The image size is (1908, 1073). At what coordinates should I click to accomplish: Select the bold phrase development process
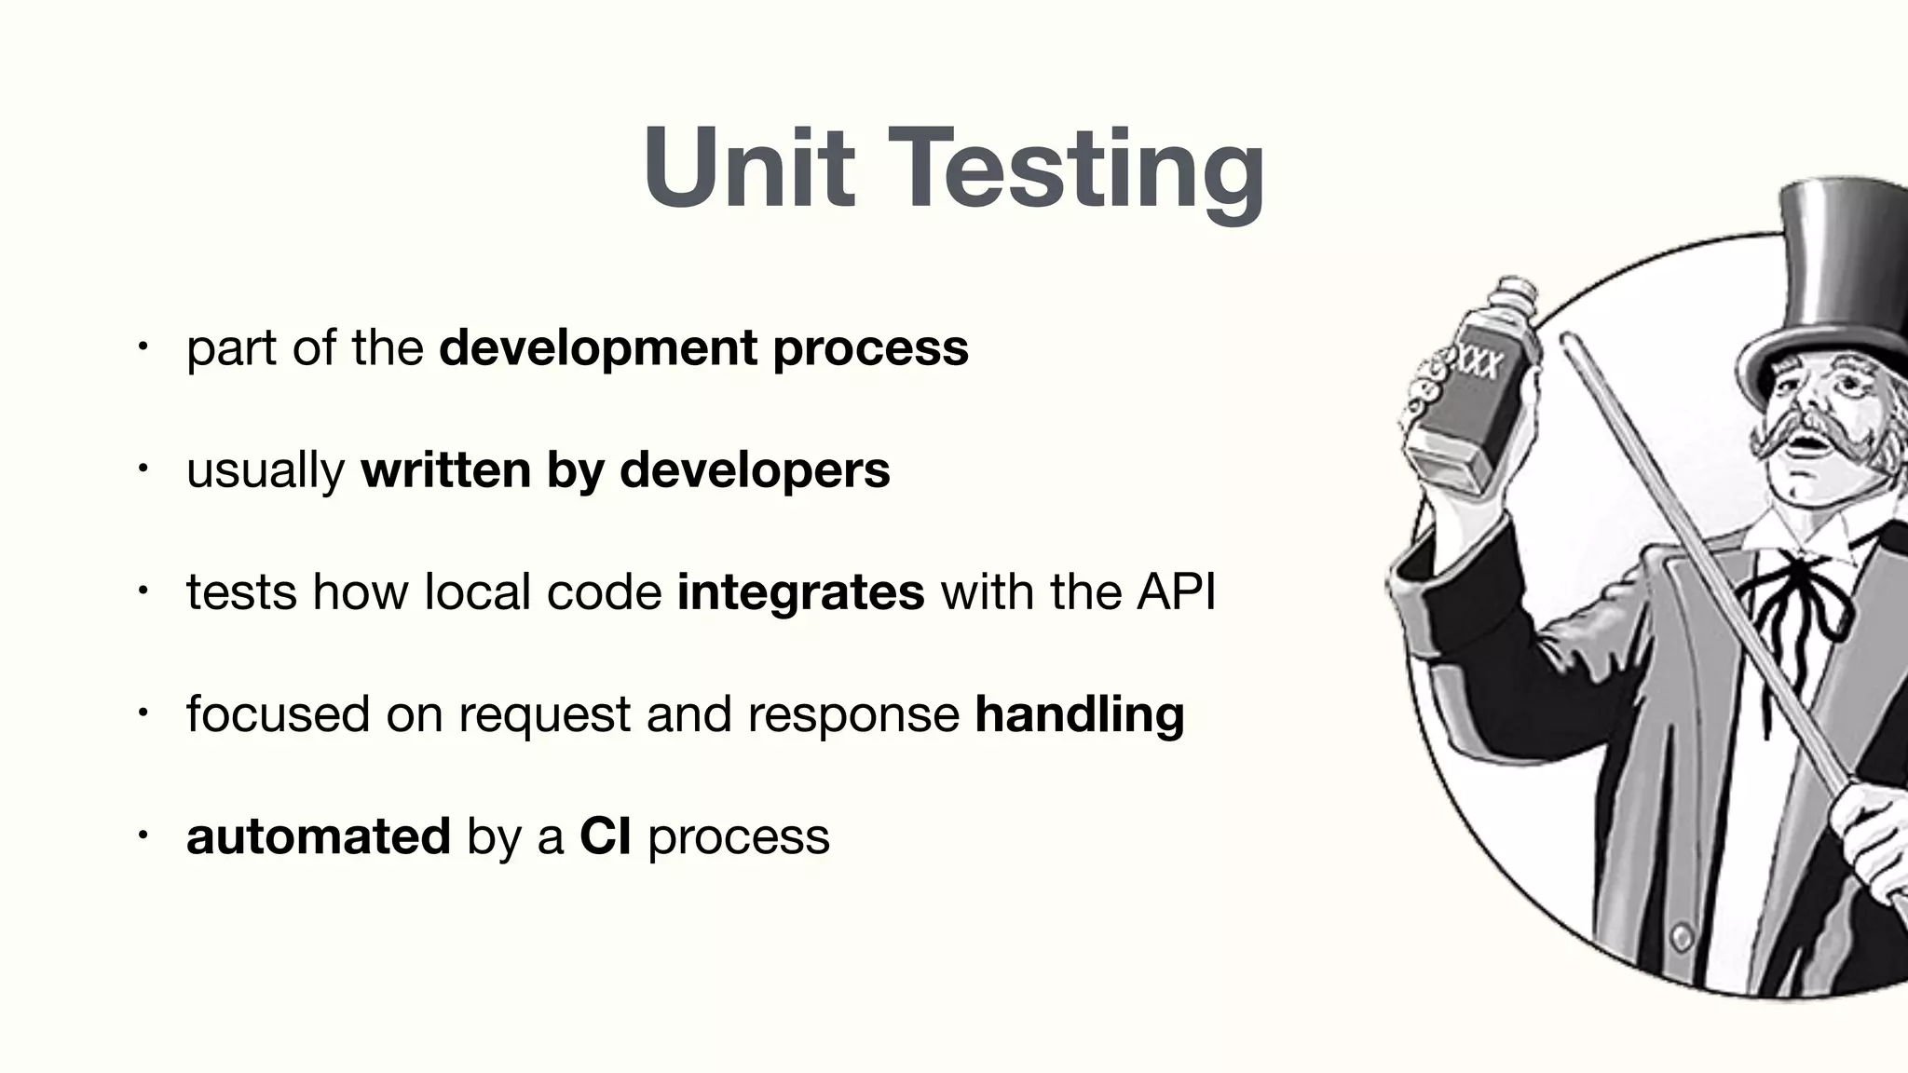click(x=703, y=348)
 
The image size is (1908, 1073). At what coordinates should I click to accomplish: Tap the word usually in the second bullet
click(x=266, y=470)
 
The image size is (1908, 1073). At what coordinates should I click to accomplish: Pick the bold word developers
click(x=755, y=469)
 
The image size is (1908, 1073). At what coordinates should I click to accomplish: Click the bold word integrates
click(x=800, y=592)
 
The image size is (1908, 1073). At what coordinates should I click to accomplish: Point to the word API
click(x=1176, y=591)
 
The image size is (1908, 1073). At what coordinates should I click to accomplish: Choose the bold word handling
click(x=1079, y=714)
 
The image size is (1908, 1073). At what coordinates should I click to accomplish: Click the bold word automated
click(x=319, y=835)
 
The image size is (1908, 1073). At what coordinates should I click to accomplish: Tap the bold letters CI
click(x=605, y=835)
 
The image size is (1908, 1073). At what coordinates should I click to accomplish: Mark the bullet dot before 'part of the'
click(x=142, y=348)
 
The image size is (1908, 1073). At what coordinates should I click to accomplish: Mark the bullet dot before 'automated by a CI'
click(x=142, y=835)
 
